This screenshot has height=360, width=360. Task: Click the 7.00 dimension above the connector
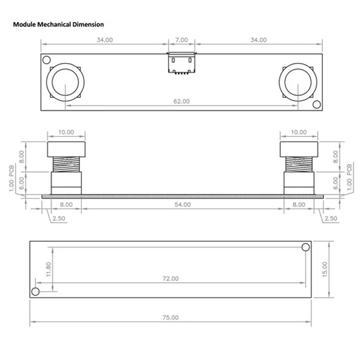[x=182, y=40]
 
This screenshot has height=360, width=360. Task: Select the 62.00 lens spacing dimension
[x=182, y=102]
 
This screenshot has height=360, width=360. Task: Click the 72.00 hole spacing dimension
[x=170, y=278]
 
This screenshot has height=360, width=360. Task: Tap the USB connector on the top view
[x=181, y=63]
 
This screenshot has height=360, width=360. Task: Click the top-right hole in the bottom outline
[x=305, y=247]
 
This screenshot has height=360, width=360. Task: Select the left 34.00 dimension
[x=104, y=40]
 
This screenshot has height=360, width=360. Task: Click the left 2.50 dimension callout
[x=58, y=219]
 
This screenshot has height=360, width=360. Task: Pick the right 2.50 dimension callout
[x=330, y=219]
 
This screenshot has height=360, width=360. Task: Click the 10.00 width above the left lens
[x=66, y=132]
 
